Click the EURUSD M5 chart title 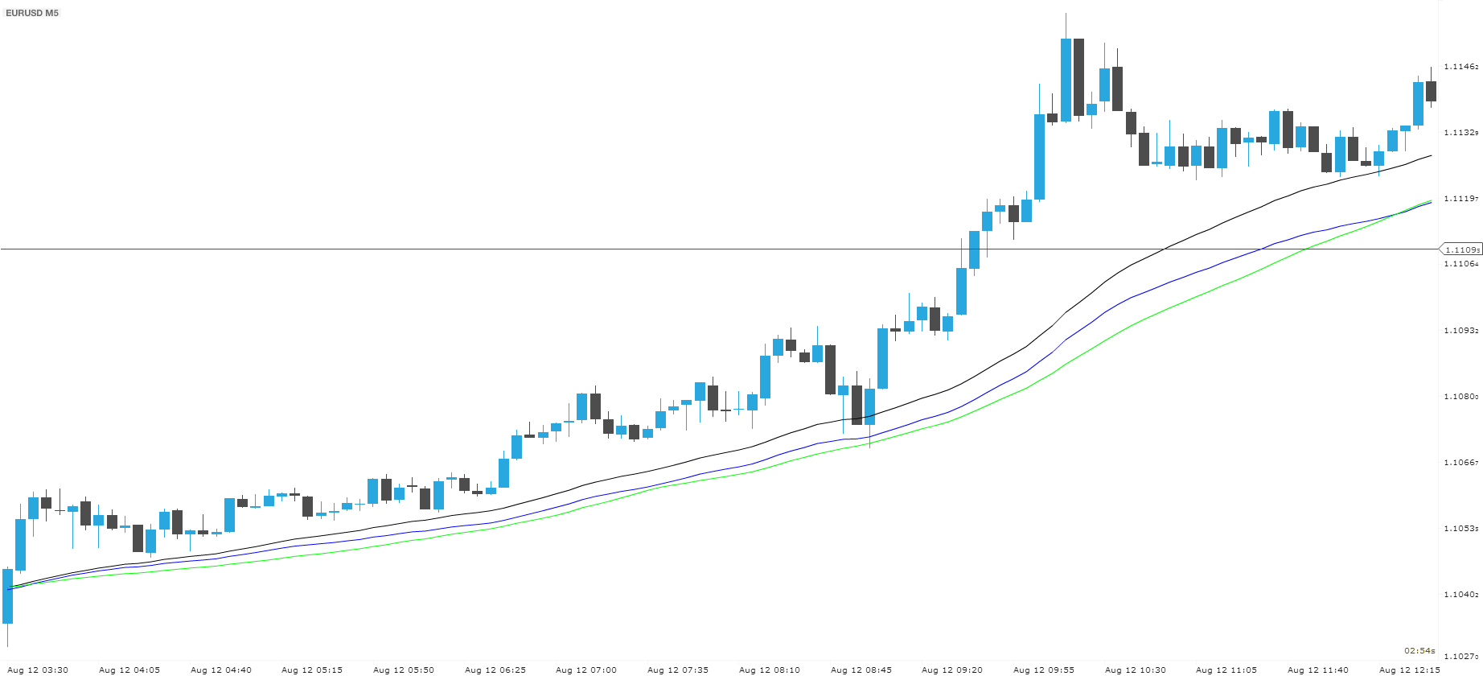point(32,13)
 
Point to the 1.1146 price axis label point(1461,66)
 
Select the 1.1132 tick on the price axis point(1461,132)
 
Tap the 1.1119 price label point(1461,198)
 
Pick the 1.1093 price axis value point(1461,330)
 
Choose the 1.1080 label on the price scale point(1461,396)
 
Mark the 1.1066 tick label point(1461,462)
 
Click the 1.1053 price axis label point(1461,528)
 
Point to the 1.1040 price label point(1461,594)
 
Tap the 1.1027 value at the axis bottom point(1461,657)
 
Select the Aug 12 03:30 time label point(38,670)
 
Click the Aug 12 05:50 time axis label point(404,670)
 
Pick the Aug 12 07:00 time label point(586,670)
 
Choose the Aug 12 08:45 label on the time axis point(861,670)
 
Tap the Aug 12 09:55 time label point(1044,670)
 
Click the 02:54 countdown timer point(1419,650)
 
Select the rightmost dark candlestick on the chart point(1431,91)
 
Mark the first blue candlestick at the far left point(8,596)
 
